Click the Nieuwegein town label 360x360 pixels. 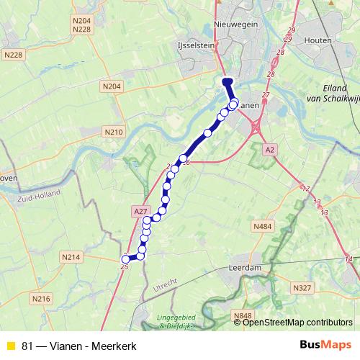coord(238,26)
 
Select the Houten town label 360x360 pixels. coord(318,40)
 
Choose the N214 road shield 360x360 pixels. coord(70,257)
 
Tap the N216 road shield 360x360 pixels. coord(41,299)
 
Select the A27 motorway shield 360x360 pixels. coord(140,210)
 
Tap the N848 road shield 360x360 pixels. coord(242,315)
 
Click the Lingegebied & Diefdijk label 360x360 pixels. coord(177,320)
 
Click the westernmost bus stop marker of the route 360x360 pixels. coord(125,259)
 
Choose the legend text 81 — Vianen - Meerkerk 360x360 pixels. coord(79,346)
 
